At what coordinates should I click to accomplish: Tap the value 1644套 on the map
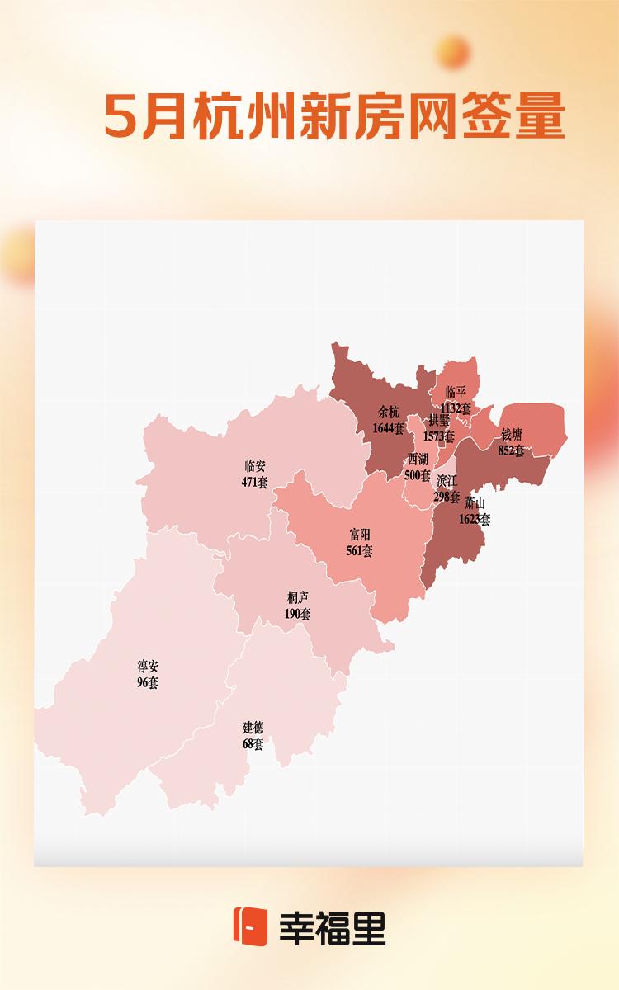[x=389, y=428]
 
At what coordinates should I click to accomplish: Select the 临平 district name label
[x=456, y=392]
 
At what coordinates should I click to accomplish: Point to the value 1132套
[x=456, y=408]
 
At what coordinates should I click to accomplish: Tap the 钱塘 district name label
[x=512, y=434]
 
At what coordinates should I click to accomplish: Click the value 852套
[x=512, y=450]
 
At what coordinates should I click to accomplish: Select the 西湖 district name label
[x=418, y=460]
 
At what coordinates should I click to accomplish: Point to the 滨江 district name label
[x=447, y=481]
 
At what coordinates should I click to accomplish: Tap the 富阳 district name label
[x=360, y=535]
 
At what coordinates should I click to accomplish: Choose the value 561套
[x=360, y=550]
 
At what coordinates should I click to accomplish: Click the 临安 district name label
[x=255, y=466]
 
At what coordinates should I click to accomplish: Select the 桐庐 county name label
[x=297, y=597]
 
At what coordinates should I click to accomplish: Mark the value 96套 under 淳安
[x=148, y=683]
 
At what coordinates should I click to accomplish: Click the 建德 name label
[x=253, y=728]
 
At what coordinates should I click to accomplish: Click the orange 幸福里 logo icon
[x=250, y=926]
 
